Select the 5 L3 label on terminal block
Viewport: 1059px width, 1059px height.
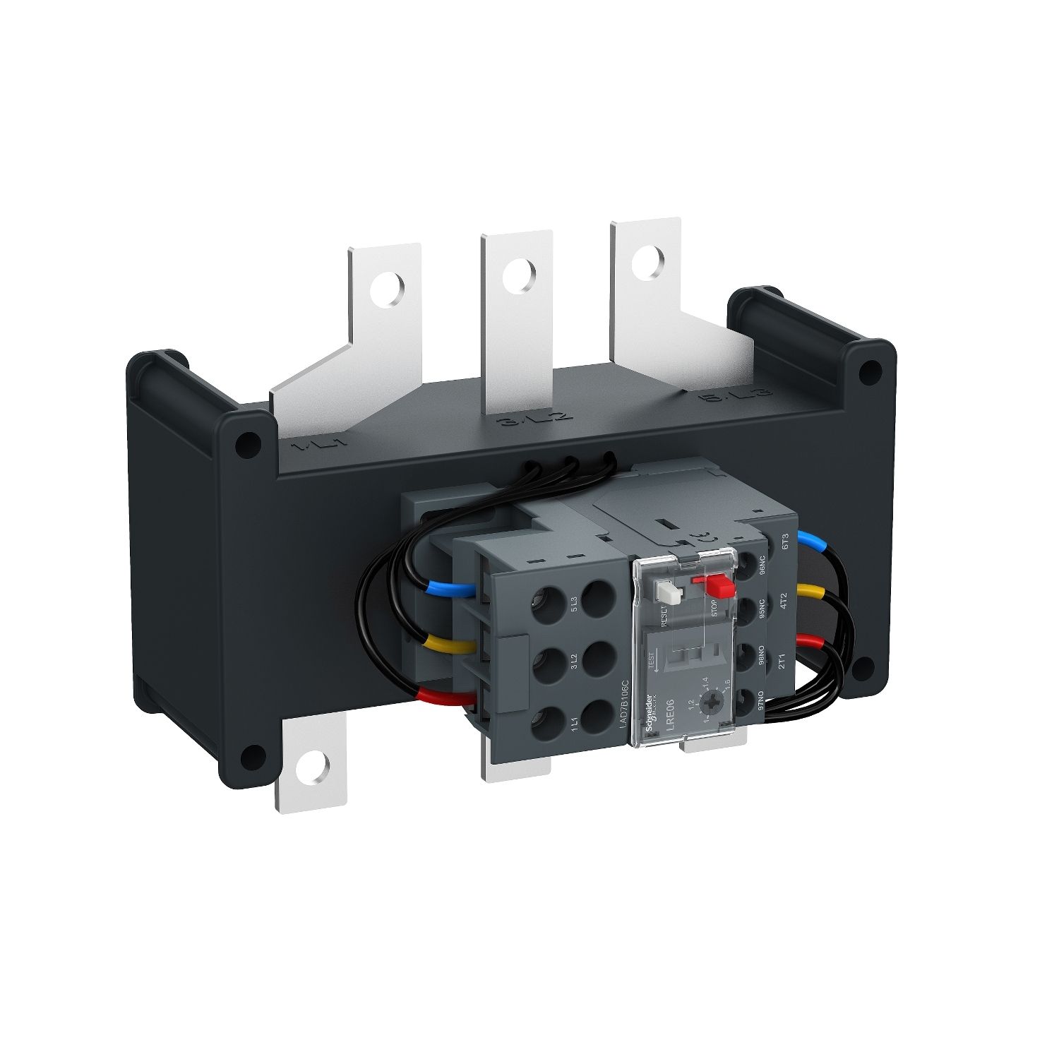click(x=573, y=606)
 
